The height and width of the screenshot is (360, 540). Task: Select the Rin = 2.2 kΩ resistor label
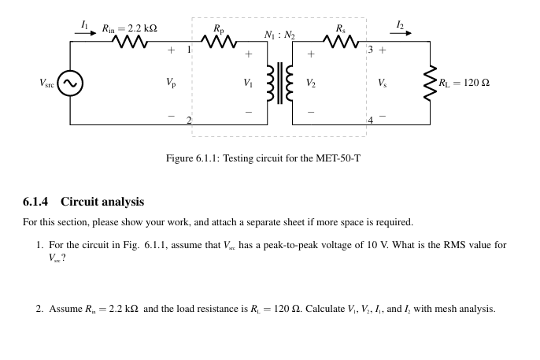[128, 29]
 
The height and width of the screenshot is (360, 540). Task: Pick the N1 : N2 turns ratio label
[279, 35]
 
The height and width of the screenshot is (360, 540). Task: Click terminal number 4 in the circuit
[369, 120]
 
